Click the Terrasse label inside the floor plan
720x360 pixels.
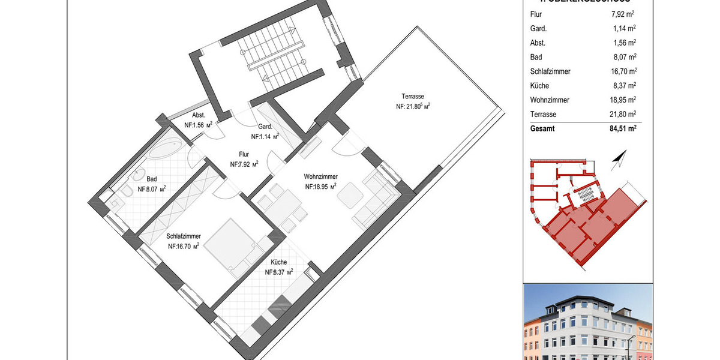413,97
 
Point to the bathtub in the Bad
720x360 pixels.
166,148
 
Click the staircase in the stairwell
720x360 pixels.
273,54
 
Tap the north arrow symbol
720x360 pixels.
617,160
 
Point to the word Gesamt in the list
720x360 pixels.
543,128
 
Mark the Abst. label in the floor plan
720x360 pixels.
199,116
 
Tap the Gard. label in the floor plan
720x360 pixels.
265,127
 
